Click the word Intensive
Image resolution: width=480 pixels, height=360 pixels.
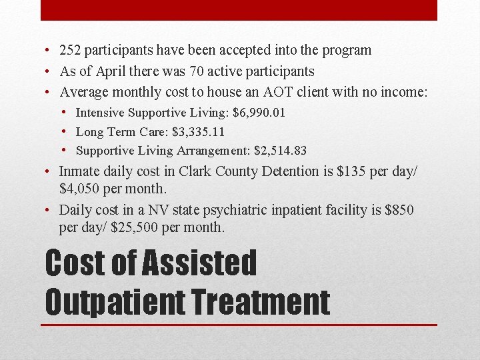pos(100,113)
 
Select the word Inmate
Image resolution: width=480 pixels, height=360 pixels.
pos(79,171)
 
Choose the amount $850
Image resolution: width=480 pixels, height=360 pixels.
pos(399,210)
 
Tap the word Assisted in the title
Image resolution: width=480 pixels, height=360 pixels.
pos(200,263)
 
